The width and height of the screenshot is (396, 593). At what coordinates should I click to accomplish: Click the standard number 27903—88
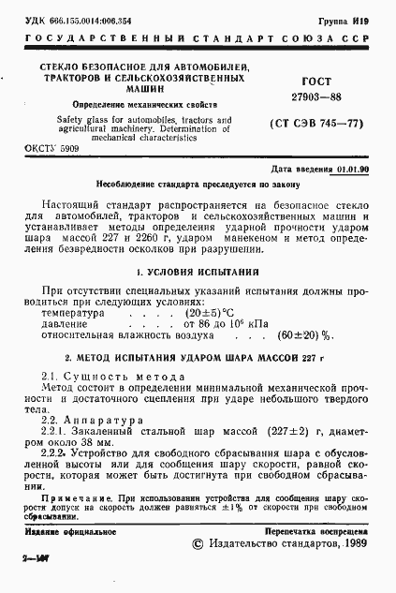[x=310, y=96]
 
